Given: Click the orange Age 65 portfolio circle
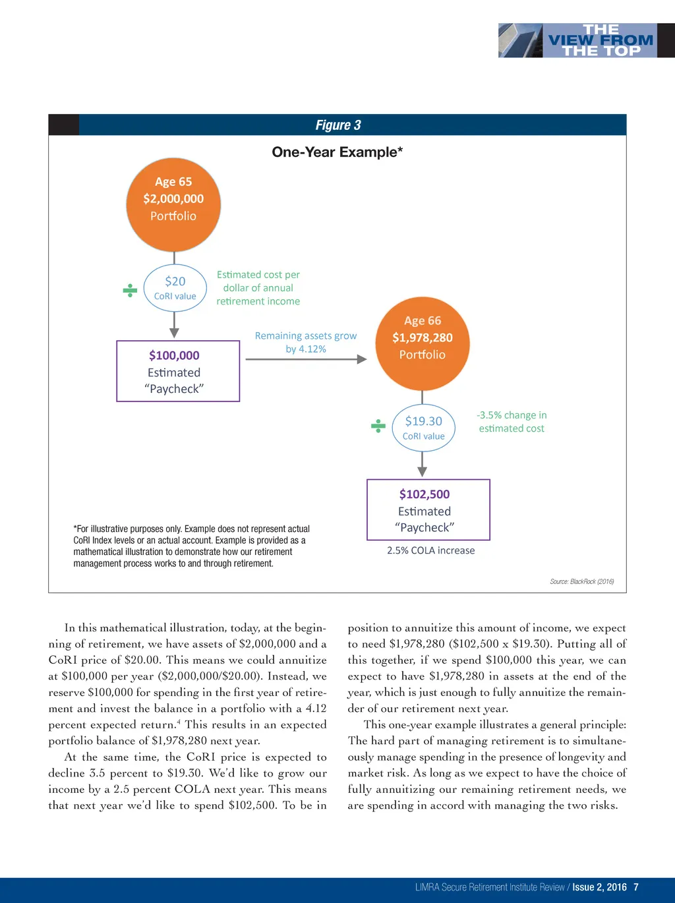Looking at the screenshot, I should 173,205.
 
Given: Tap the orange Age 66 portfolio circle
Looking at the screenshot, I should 423,344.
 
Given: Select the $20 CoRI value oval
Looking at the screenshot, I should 175,288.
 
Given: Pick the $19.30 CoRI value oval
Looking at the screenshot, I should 424,428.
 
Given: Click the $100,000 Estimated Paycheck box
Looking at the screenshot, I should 178,371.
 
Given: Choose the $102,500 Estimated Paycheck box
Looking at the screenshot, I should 428,510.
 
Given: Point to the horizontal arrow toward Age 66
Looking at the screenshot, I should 306,359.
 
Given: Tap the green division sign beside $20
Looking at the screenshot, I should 130,290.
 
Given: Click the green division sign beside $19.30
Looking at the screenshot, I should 378,426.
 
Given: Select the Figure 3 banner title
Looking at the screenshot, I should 338,125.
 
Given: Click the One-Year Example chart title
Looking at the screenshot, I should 337,152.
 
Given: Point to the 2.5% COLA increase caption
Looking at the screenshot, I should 430,550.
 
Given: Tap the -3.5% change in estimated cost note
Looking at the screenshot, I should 512,422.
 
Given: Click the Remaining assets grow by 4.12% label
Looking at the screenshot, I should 306,342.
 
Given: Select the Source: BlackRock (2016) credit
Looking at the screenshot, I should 581,581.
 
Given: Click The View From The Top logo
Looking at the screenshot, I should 587,40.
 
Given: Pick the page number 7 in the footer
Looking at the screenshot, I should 636,887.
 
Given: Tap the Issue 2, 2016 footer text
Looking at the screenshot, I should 599,887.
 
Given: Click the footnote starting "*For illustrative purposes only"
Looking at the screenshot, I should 191,546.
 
